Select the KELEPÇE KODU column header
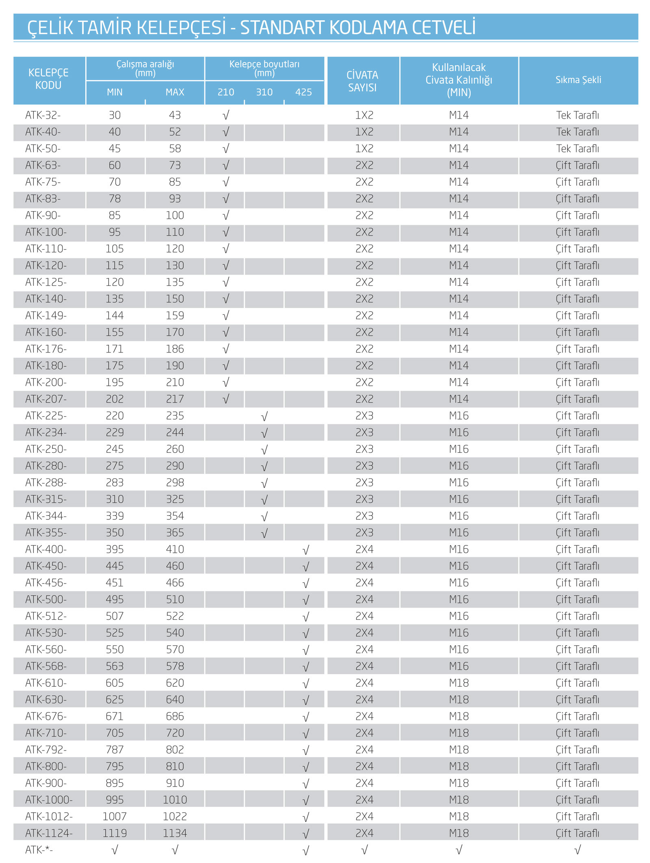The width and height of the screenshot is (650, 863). click(48, 79)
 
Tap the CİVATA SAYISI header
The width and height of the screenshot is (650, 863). click(362, 81)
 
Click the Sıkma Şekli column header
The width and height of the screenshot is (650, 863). click(578, 80)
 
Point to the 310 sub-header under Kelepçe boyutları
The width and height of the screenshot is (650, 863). click(264, 92)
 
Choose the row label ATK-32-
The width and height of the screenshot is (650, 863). click(43, 115)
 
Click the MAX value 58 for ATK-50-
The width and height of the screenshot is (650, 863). click(175, 149)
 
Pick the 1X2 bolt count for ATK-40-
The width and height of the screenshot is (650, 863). click(364, 132)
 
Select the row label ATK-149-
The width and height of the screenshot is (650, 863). click(46, 316)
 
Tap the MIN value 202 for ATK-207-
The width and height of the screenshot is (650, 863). click(115, 399)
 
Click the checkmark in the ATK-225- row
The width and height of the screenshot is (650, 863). click(264, 417)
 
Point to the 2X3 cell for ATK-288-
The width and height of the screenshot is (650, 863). click(364, 482)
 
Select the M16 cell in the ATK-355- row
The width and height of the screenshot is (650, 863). click(459, 533)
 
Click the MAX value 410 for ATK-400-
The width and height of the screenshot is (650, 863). click(175, 549)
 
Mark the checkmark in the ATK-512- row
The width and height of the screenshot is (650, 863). click(305, 617)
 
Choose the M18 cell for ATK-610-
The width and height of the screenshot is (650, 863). click(459, 683)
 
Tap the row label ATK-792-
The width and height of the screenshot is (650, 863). click(46, 750)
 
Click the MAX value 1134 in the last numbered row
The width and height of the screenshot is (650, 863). click(175, 833)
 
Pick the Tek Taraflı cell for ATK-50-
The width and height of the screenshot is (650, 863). click(577, 149)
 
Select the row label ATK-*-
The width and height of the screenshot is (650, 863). click(39, 850)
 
